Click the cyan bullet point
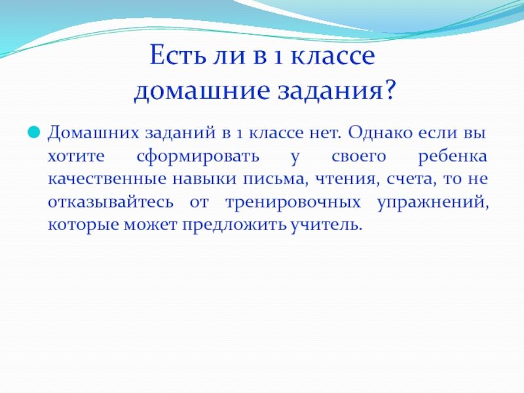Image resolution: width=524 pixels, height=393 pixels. pyautogui.click(x=34, y=132)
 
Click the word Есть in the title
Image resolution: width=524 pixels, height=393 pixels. pyautogui.click(x=177, y=55)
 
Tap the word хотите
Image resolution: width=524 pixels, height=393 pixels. pyautogui.click(x=76, y=156)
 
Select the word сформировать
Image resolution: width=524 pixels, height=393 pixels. pyautogui.click(x=198, y=157)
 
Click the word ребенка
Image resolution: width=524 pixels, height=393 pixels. pyautogui.click(x=453, y=156)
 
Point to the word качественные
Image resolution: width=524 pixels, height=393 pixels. pyautogui.click(x=107, y=179)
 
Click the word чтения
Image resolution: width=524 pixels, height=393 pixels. pyautogui.click(x=348, y=179)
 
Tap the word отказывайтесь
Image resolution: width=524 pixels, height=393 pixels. pyautogui.click(x=111, y=202)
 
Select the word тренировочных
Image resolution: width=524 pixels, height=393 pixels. pyautogui.click(x=293, y=202)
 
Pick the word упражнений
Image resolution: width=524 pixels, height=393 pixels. pyautogui.click(x=433, y=202)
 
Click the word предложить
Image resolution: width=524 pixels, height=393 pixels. pyautogui.click(x=234, y=225)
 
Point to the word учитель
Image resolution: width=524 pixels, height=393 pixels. pyautogui.click(x=326, y=225)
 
